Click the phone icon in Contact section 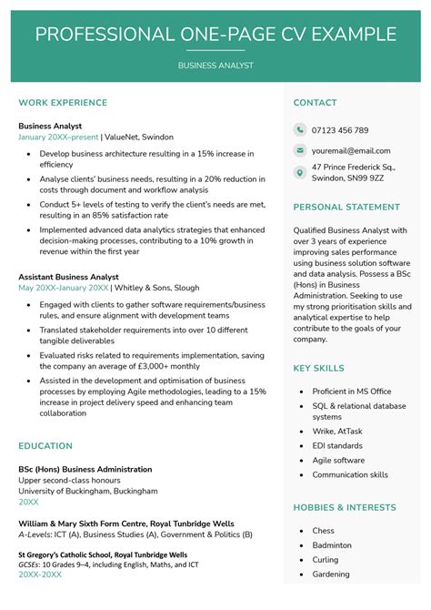click(x=300, y=130)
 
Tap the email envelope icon click(x=300, y=150)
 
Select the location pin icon click(x=300, y=173)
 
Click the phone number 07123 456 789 click(x=340, y=130)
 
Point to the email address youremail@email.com click(x=351, y=150)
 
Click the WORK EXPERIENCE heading click(x=62, y=103)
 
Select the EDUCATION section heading click(x=45, y=446)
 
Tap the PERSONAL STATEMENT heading click(x=347, y=207)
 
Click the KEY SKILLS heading click(x=319, y=368)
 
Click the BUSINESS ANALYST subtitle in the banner click(x=215, y=66)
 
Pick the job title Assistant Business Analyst click(x=68, y=276)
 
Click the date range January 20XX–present click(x=58, y=137)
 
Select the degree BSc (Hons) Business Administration click(x=85, y=469)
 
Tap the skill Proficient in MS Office click(x=353, y=390)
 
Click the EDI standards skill click(x=337, y=446)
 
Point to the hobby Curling click(x=326, y=560)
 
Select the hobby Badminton click(x=332, y=545)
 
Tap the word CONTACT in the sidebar click(x=316, y=103)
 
